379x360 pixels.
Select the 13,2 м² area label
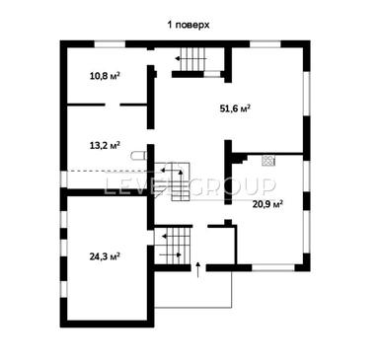(105, 145)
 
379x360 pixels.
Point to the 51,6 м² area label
(234, 108)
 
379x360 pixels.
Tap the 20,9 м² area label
(267, 204)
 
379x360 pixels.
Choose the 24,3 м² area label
(105, 255)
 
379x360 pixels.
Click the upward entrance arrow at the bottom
(197, 268)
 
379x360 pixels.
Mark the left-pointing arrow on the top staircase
(179, 60)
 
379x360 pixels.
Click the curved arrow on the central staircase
(182, 176)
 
